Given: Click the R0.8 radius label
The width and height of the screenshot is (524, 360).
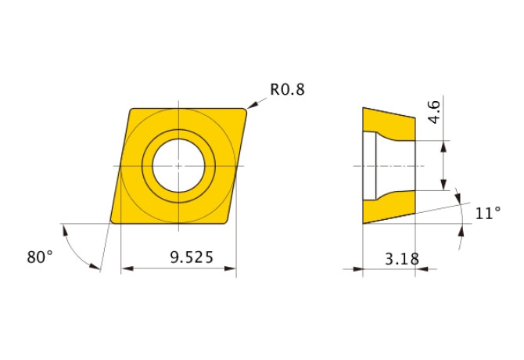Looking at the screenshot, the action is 287,89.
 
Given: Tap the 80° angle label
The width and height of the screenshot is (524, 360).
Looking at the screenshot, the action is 40,257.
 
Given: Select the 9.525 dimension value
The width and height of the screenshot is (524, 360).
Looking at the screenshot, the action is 192,257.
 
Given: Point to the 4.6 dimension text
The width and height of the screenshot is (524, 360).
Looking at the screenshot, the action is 434,113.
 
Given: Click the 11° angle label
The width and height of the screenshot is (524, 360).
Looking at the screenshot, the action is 488,213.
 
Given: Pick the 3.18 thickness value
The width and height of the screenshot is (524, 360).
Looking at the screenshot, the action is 402,259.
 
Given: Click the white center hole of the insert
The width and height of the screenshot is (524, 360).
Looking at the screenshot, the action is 178,166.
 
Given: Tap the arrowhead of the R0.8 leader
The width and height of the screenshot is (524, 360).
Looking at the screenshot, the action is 252,105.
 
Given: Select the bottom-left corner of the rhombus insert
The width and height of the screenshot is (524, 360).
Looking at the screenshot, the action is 113,221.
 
